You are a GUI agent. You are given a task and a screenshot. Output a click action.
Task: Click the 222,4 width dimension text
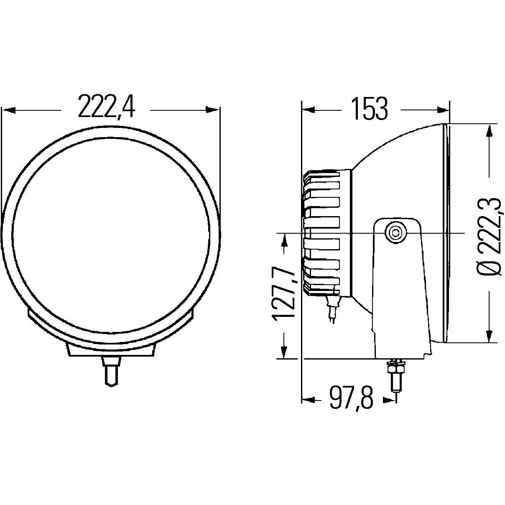[x=107, y=107]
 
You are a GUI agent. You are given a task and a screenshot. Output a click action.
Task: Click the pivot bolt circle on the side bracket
[x=395, y=232]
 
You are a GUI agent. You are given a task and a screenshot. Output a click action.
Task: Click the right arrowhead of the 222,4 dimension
[x=213, y=110]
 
